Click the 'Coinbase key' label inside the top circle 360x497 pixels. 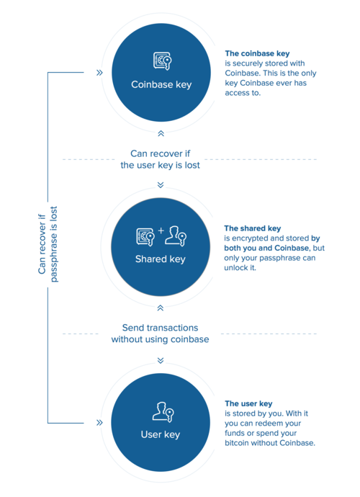(x=161, y=84)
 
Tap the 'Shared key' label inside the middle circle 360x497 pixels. (x=161, y=259)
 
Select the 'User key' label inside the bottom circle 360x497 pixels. (x=161, y=434)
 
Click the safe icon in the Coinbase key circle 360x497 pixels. (x=161, y=61)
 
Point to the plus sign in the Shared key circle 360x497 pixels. (x=161, y=232)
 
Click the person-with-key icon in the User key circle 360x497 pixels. (x=161, y=412)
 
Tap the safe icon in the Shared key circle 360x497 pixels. (x=145, y=236)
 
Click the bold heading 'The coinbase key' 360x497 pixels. (x=258, y=53)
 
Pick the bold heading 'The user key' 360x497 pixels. (x=248, y=403)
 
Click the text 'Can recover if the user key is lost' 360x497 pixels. (x=160, y=158)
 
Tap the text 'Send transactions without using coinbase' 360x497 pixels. (x=160, y=333)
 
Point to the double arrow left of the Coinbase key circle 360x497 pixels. (x=99, y=73)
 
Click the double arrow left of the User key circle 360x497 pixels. (x=99, y=423)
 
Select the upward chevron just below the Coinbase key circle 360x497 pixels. (x=161, y=133)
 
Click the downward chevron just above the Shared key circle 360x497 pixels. (x=161, y=185)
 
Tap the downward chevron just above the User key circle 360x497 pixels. (x=161, y=360)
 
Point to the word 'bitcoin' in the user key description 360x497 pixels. (x=240, y=443)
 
